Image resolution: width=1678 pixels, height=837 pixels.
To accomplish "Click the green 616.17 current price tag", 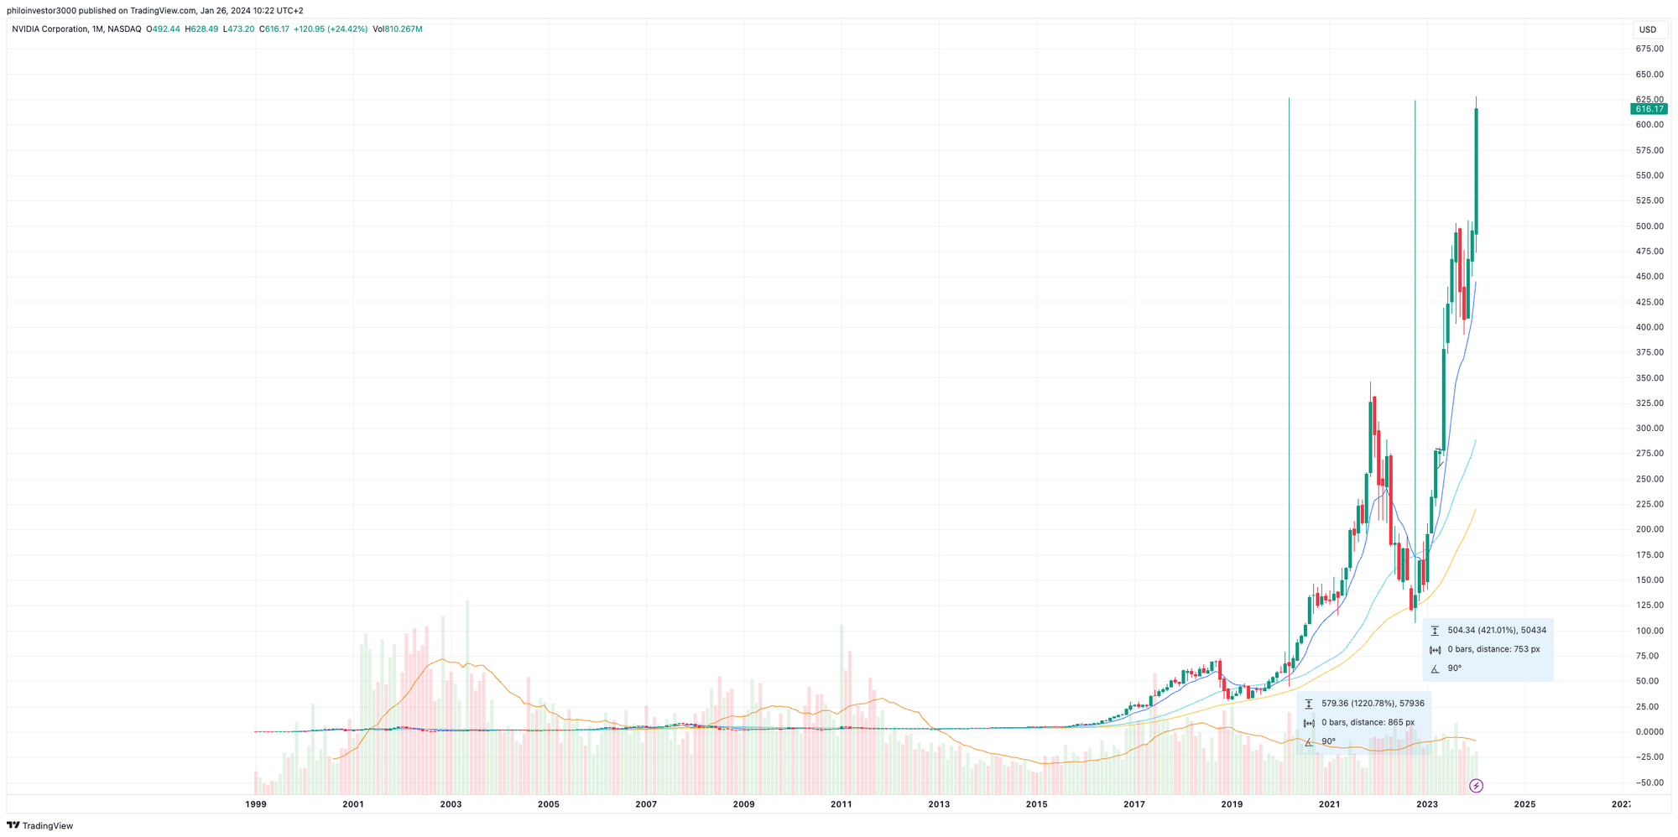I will point(1649,109).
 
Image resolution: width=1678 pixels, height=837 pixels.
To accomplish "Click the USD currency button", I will point(1648,29).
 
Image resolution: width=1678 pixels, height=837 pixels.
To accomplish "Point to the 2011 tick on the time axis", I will point(842,804).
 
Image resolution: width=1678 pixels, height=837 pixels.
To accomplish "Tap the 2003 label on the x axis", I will point(451,804).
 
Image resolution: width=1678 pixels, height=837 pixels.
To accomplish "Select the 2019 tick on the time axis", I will point(1232,804).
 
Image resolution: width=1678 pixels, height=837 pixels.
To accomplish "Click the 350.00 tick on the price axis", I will point(1649,378).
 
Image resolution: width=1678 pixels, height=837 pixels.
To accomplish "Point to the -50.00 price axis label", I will point(1649,782).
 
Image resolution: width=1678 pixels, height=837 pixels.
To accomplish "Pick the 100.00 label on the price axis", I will point(1649,631).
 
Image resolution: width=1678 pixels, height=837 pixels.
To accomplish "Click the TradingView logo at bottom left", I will point(40,825).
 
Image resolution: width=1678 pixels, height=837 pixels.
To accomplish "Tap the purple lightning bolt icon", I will point(1477,786).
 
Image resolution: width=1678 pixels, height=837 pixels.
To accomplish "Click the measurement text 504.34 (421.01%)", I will point(1497,630).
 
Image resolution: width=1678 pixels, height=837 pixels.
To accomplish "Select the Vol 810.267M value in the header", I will point(398,29).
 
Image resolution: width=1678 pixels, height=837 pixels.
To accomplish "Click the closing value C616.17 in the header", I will point(274,29).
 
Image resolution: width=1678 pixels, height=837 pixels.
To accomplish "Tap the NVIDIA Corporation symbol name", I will point(50,29).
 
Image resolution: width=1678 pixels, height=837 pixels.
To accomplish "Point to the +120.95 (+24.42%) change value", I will point(331,29).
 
